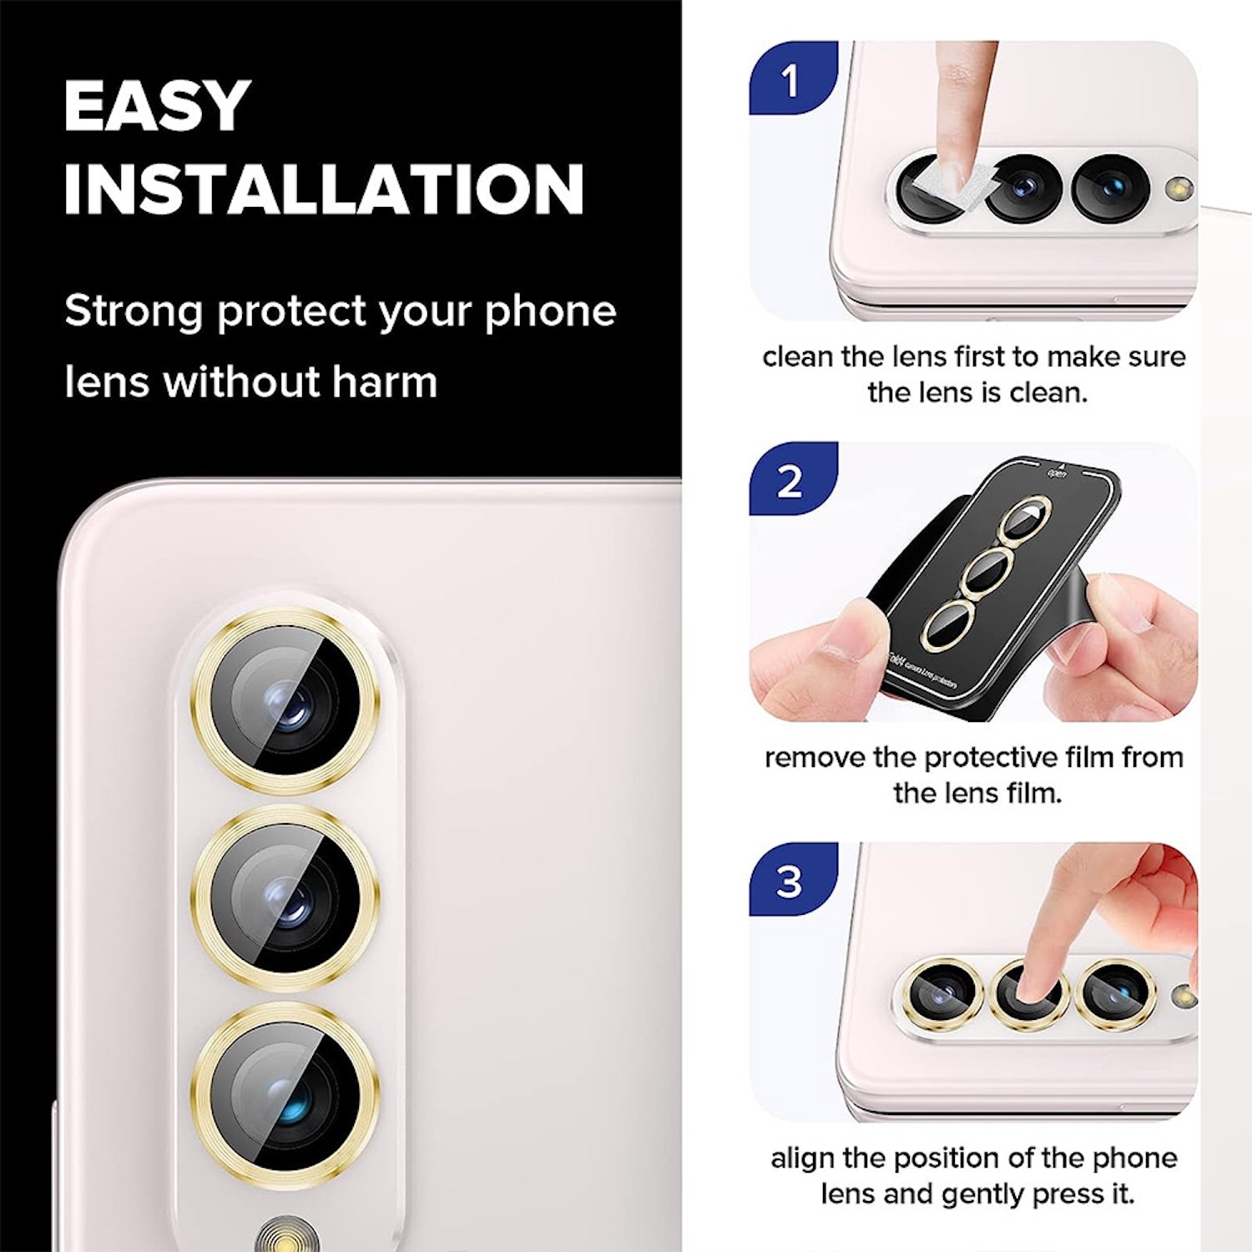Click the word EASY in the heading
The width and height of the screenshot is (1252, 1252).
[157, 106]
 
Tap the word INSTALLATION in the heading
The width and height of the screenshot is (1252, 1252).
[324, 189]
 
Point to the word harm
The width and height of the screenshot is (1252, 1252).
[385, 382]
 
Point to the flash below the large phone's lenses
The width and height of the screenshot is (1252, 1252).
[287, 1234]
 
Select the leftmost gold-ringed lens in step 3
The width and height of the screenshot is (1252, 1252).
[944, 993]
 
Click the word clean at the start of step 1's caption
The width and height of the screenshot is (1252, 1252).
[798, 357]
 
